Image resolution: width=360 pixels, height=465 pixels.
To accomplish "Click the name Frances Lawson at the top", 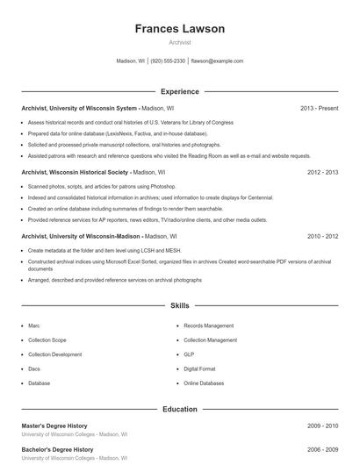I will pyautogui.click(x=179, y=29).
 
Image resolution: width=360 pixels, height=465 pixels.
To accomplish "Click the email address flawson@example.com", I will pyautogui.click(x=217, y=61).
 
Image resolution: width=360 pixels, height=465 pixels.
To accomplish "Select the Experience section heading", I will pyautogui.click(x=179, y=91).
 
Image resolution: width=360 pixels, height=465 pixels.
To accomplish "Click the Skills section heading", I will pyautogui.click(x=179, y=306).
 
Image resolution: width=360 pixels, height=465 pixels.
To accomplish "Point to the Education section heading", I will pyautogui.click(x=179, y=409).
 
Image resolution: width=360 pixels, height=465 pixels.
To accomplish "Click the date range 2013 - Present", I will pyautogui.click(x=319, y=108).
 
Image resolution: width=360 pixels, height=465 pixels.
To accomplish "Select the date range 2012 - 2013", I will pyautogui.click(x=322, y=173).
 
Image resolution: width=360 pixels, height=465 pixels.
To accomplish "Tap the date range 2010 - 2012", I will pyautogui.click(x=322, y=237).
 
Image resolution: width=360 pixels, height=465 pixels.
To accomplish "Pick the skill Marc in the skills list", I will pyautogui.click(x=34, y=325).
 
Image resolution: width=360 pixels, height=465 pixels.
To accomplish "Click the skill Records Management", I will pyautogui.click(x=208, y=325).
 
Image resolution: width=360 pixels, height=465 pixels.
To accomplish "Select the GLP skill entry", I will pyautogui.click(x=189, y=354).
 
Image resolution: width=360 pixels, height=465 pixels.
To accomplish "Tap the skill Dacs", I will pyautogui.click(x=34, y=369).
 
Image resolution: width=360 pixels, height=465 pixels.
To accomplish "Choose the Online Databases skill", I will pyautogui.click(x=203, y=383).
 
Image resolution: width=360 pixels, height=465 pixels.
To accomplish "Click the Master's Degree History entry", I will pyautogui.click(x=54, y=426).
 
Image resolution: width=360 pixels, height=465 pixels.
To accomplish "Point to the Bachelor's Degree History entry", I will pyautogui.click(x=57, y=449).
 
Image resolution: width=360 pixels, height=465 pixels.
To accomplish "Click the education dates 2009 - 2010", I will pyautogui.click(x=322, y=426).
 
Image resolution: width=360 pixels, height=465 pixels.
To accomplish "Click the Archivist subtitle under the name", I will pyautogui.click(x=179, y=42).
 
